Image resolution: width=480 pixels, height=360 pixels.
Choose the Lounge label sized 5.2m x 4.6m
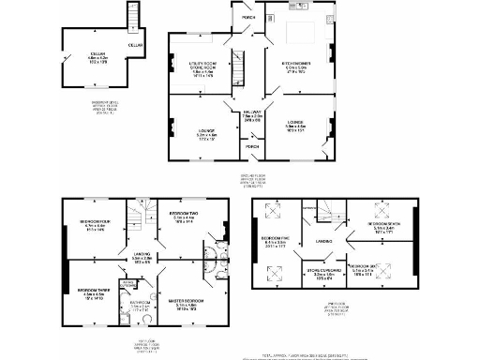click(206, 134)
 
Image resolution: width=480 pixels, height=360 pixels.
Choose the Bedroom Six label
click(364, 267)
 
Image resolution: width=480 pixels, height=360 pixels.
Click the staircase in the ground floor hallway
click(237, 67)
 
